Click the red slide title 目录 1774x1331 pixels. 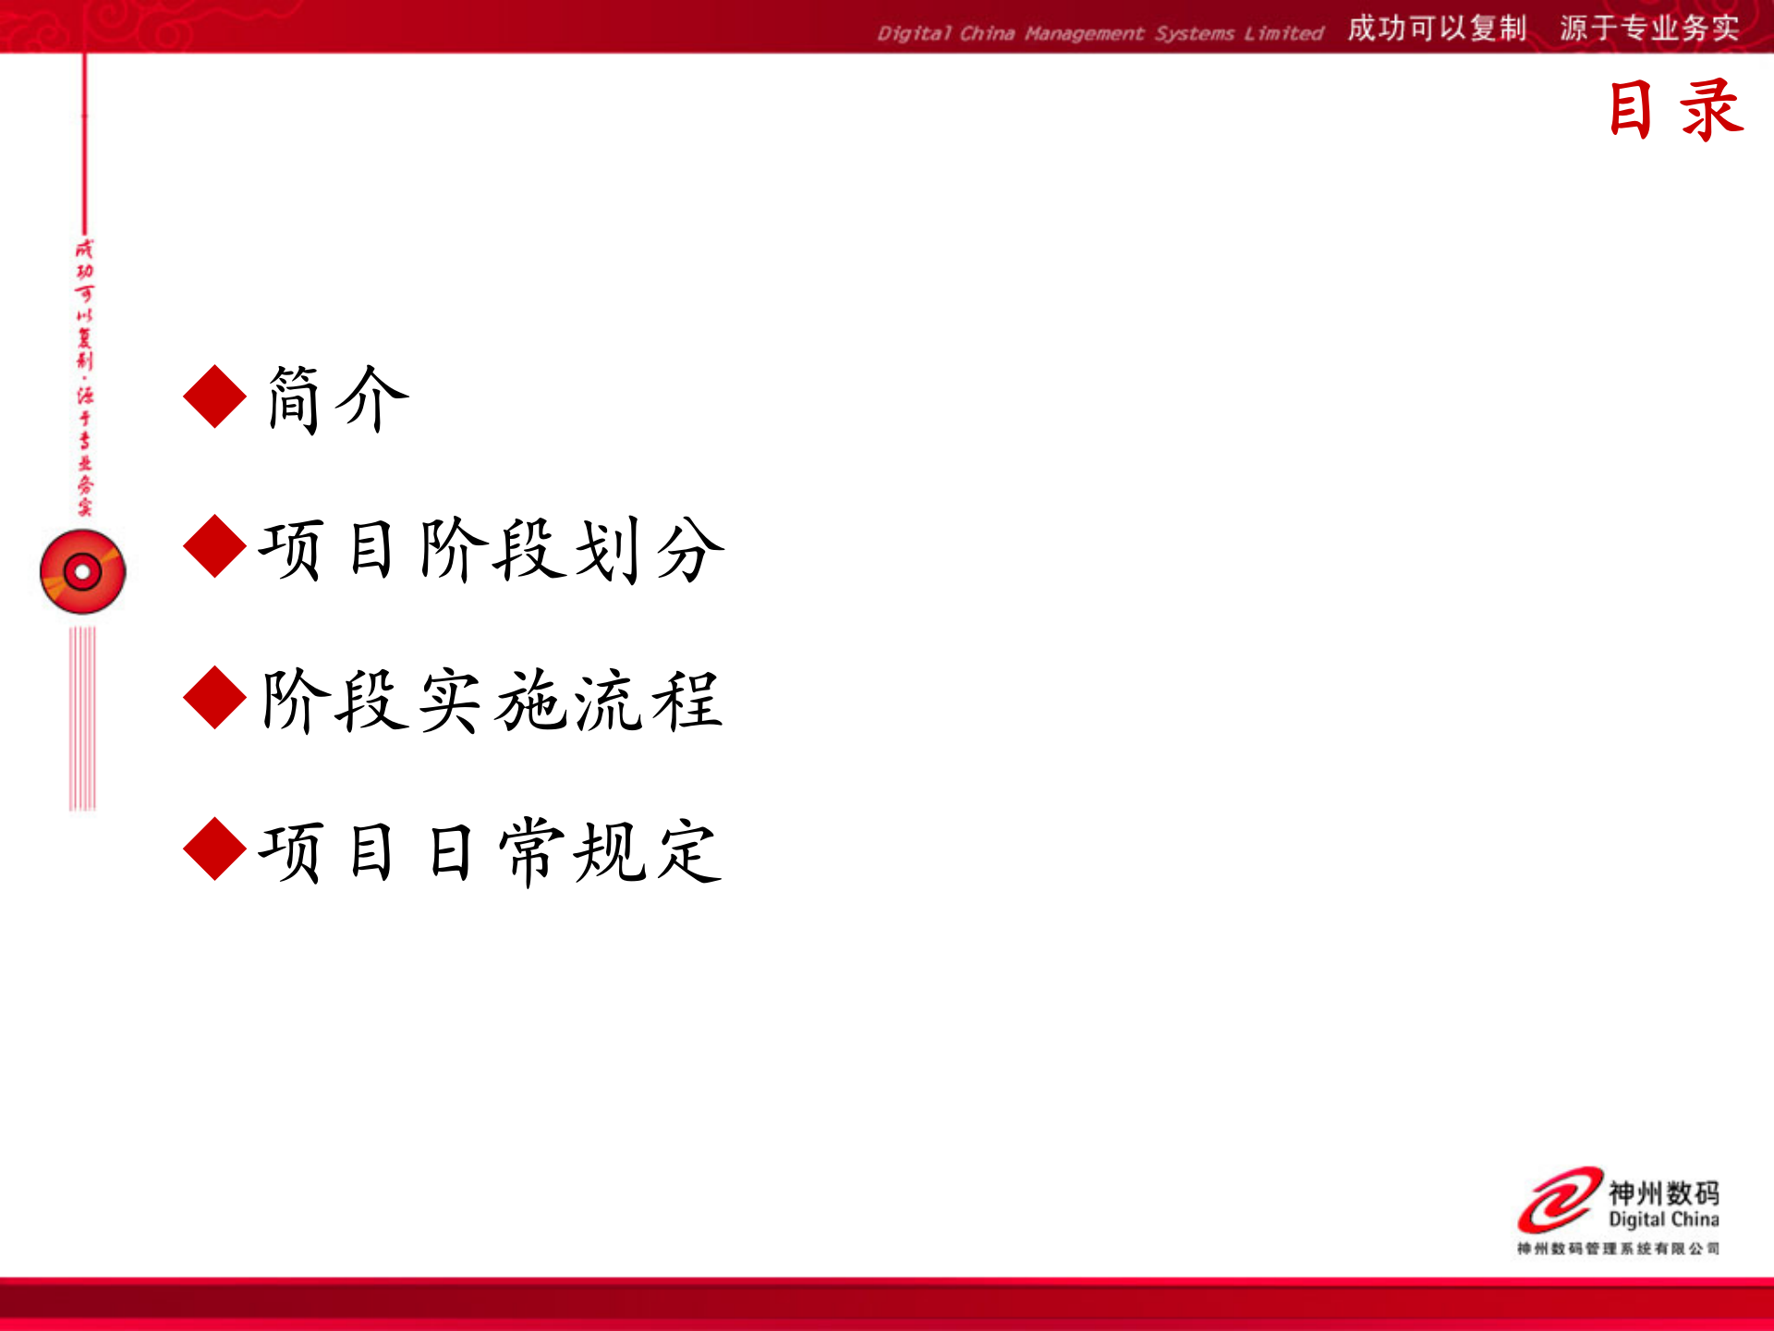pyautogui.click(x=1675, y=110)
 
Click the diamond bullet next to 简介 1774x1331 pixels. pyautogui.click(x=214, y=397)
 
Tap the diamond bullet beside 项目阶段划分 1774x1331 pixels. pyautogui.click(x=214, y=546)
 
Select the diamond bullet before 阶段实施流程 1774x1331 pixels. pyautogui.click(x=214, y=698)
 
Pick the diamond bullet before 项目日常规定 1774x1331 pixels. pyautogui.click(x=214, y=849)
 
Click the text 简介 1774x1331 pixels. pyautogui.click(x=337, y=398)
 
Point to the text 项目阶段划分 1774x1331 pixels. pyautogui.click(x=492, y=550)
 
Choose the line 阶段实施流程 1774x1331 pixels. pyautogui.click(x=492, y=701)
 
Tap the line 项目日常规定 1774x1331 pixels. pyautogui.click(x=490, y=851)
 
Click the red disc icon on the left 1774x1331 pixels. pyautogui.click(x=82, y=571)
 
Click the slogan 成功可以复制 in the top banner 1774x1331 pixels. pyautogui.click(x=1436, y=29)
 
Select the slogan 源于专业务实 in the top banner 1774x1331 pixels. pyautogui.click(x=1649, y=29)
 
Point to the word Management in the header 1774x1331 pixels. pyautogui.click(x=1084, y=34)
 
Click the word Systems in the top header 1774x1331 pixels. pyautogui.click(x=1194, y=34)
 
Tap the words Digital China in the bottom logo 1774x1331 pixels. pyautogui.click(x=1663, y=1220)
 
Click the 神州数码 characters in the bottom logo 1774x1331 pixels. pyautogui.click(x=1663, y=1192)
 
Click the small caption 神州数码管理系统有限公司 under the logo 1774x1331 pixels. pyautogui.click(x=1617, y=1249)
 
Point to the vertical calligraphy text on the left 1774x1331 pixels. pyautogui.click(x=84, y=377)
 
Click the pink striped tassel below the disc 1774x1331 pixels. pyautogui.click(x=82, y=718)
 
